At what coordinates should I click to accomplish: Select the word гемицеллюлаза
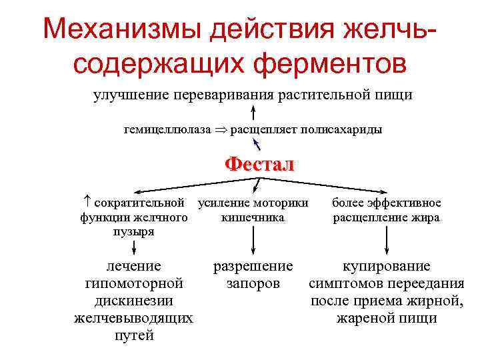[x=167, y=129]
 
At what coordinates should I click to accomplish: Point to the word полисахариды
[x=347, y=129]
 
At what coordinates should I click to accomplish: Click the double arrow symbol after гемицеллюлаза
[x=220, y=129]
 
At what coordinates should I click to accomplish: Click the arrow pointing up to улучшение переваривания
[x=254, y=111]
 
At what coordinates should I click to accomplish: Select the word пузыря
[x=134, y=231]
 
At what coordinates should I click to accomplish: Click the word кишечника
[x=253, y=217]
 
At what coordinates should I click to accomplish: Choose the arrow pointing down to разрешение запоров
[x=253, y=239]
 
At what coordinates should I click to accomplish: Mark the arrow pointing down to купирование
[x=387, y=239]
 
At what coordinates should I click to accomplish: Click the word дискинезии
[x=134, y=301]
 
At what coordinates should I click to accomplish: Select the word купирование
[x=387, y=267]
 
